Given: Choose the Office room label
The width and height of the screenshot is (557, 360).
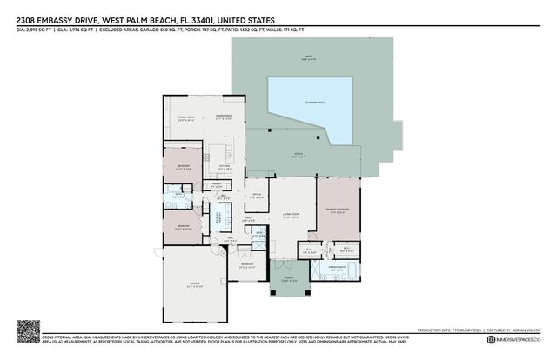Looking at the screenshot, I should tap(256, 196).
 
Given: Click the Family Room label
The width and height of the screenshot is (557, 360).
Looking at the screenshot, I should tap(186, 118).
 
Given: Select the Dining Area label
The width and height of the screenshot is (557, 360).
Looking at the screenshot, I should tap(223, 118).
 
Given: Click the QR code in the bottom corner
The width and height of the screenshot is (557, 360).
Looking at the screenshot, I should tap(29, 331).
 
